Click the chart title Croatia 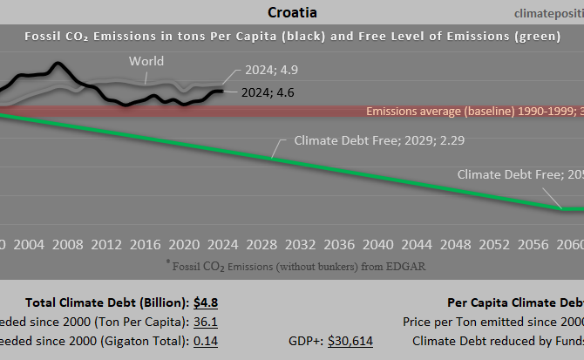[292, 13]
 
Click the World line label [146, 61]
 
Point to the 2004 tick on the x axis [30, 243]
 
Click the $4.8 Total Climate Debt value [206, 302]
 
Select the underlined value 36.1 [205, 322]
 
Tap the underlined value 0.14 [205, 341]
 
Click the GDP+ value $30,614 [350, 341]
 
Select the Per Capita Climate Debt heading [515, 302]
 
